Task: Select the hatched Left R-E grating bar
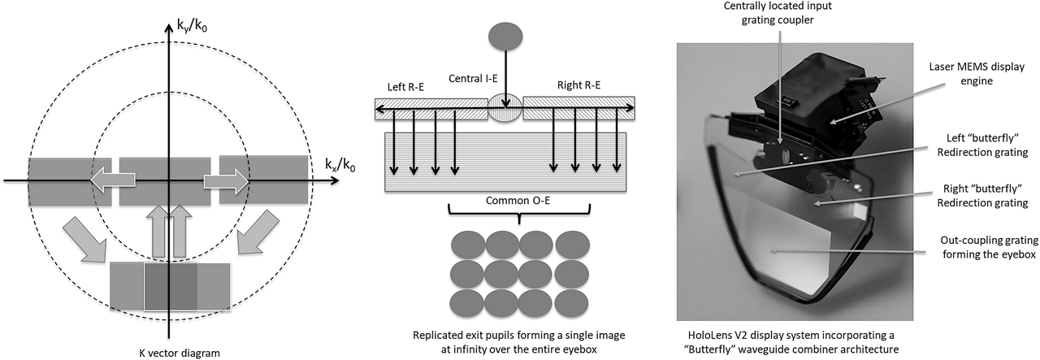(431, 106)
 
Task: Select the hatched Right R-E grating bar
(578, 106)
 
